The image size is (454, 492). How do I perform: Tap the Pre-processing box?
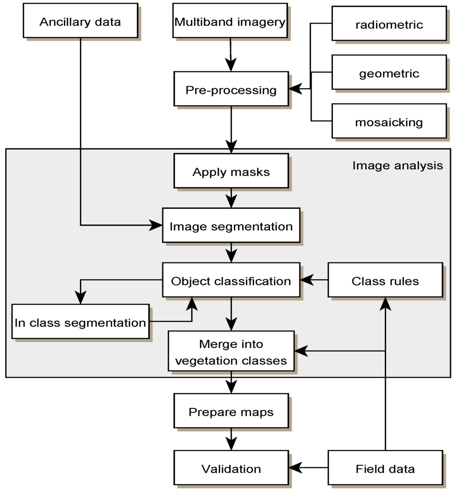231,90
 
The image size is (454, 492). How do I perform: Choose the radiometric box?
389,24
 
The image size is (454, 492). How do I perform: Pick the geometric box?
389,73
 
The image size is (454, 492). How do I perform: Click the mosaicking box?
389,122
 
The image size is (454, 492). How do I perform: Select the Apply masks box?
231,172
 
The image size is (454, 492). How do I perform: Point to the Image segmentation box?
231,226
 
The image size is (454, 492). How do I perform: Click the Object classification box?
231,281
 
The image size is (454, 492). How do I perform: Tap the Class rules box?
385,281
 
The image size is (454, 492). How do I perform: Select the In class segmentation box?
80,322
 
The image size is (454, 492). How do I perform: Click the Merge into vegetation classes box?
231,352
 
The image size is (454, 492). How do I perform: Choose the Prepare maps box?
231,412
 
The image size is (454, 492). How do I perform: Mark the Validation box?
231,468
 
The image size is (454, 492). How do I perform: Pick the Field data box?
385,468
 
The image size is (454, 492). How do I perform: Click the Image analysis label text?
397,165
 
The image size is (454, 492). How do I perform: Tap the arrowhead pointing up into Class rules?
385,303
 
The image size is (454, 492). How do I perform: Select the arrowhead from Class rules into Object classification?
306,280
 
